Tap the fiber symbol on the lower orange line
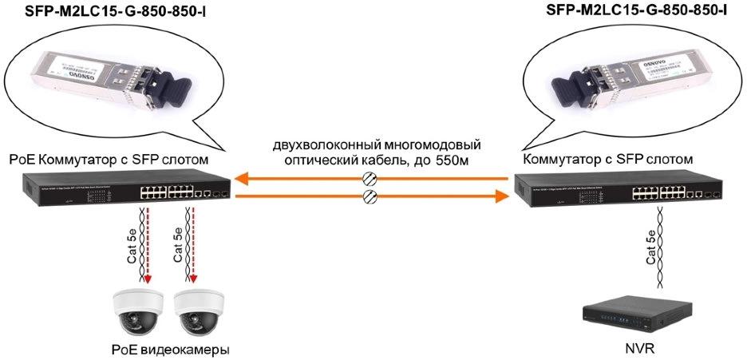coord(369,196)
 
